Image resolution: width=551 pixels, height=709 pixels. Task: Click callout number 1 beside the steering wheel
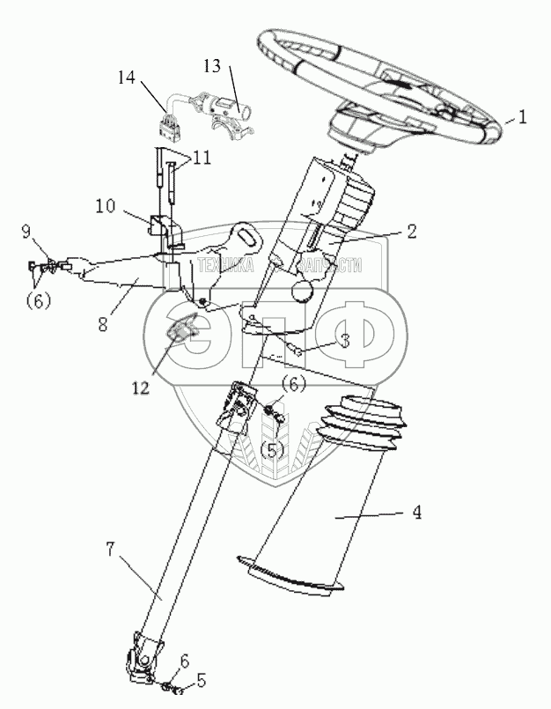coord(523,114)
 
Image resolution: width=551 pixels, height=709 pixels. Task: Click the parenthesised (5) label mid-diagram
coord(274,451)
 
